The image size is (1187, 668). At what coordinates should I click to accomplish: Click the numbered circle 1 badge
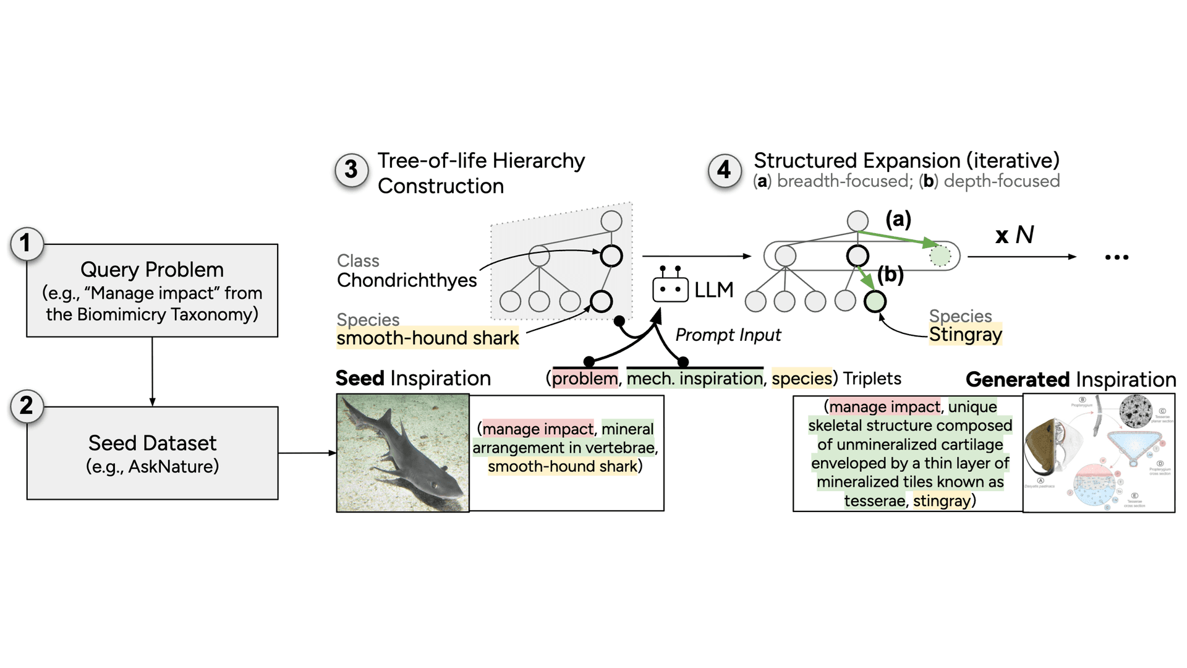pyautogui.click(x=26, y=243)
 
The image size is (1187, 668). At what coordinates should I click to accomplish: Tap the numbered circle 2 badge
pyautogui.click(x=26, y=406)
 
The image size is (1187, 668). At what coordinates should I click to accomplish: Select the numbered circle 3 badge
pyautogui.click(x=351, y=169)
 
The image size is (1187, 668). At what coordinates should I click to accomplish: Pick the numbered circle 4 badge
pyautogui.click(x=724, y=169)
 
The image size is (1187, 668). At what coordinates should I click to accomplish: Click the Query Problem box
pyautogui.click(x=152, y=290)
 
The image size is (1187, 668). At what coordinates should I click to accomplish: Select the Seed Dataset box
pyautogui.click(x=152, y=453)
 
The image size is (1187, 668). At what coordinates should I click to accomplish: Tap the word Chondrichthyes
pyautogui.click(x=407, y=280)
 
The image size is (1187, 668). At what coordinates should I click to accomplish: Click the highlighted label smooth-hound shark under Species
pyautogui.click(x=428, y=338)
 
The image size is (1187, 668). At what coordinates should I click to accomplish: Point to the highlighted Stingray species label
pyautogui.click(x=965, y=335)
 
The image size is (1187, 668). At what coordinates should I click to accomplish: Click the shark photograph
pyautogui.click(x=402, y=453)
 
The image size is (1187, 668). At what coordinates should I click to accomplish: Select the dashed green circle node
pyautogui.click(x=940, y=255)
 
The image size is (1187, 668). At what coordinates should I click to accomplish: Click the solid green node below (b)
pyautogui.click(x=875, y=302)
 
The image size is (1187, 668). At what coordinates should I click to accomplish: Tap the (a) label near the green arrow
pyautogui.click(x=898, y=219)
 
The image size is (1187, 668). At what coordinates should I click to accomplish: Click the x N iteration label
pyautogui.click(x=1015, y=234)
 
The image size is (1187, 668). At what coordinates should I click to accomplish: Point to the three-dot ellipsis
pyautogui.click(x=1117, y=257)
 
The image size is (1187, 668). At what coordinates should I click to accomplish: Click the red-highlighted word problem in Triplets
pyautogui.click(x=585, y=379)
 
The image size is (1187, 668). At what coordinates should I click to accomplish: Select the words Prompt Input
pyautogui.click(x=728, y=335)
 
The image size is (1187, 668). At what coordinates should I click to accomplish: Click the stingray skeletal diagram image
pyautogui.click(x=1099, y=453)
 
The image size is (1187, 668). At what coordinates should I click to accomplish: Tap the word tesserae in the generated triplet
pyautogui.click(x=874, y=500)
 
